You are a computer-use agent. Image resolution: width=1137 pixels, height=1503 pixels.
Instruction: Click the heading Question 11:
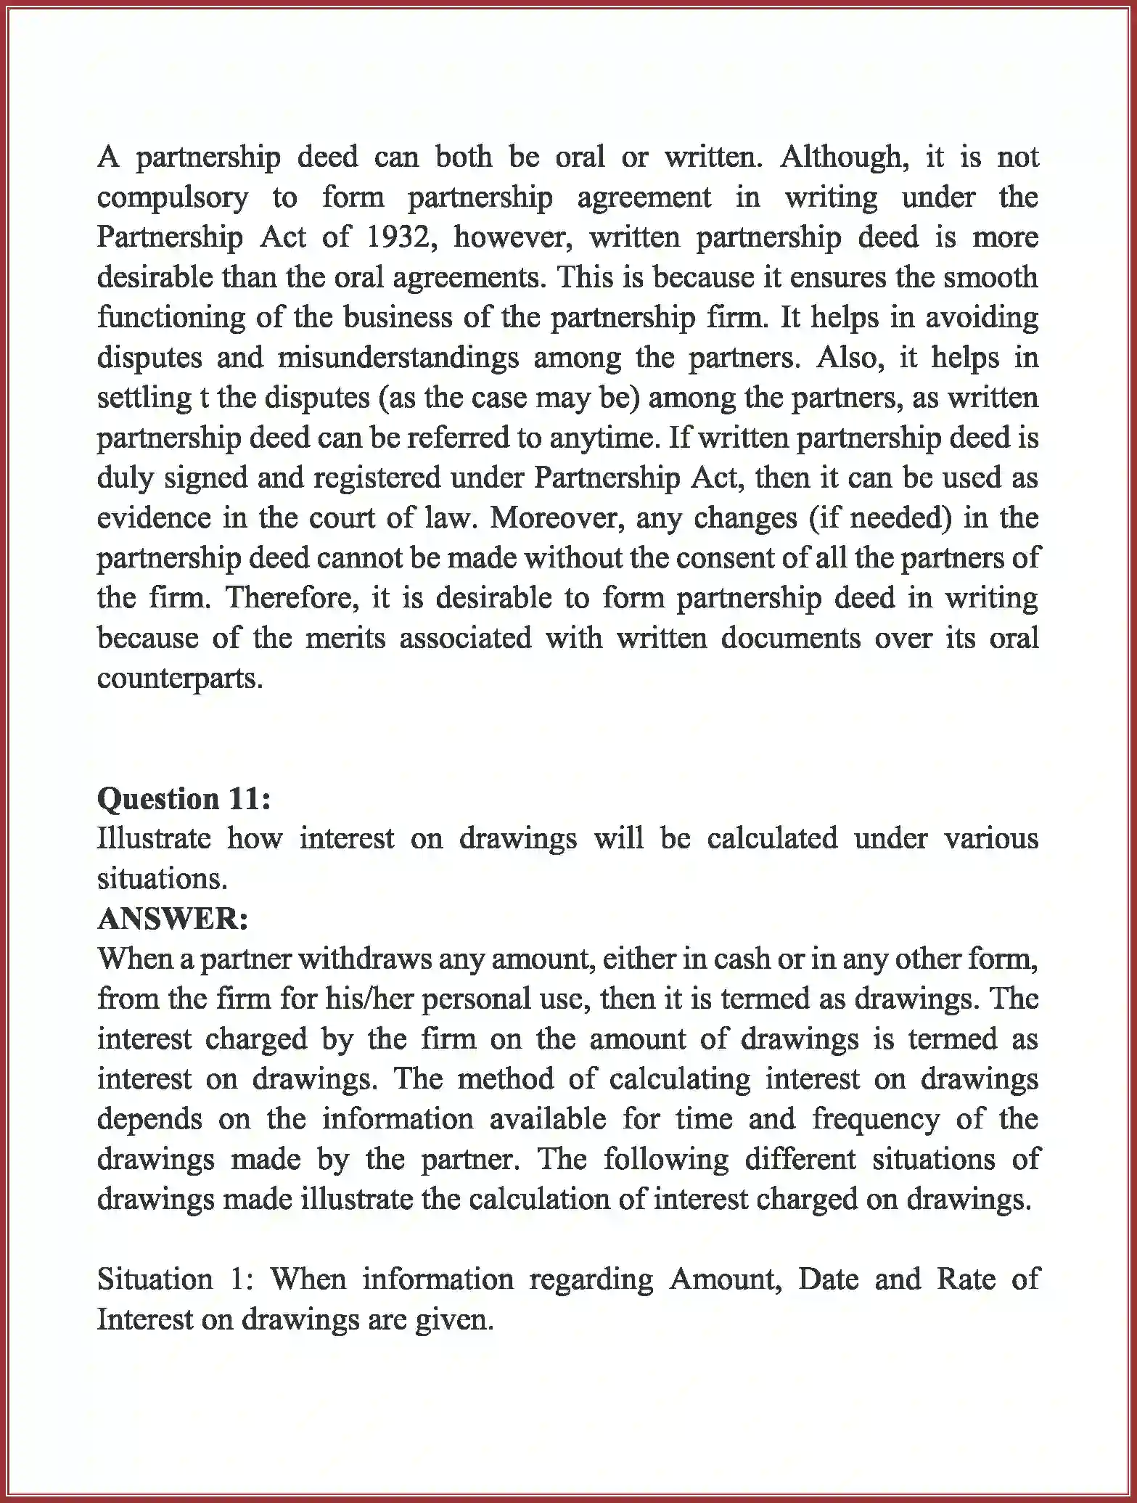click(184, 799)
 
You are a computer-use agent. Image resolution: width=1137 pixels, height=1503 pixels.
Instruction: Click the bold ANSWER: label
click(173, 920)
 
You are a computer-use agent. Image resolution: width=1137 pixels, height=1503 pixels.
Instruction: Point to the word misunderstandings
click(398, 359)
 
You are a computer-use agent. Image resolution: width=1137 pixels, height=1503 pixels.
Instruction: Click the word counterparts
click(179, 679)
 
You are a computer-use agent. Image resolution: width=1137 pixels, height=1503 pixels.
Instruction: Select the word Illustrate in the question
click(154, 839)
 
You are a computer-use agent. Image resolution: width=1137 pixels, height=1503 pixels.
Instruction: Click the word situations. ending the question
click(163, 880)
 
